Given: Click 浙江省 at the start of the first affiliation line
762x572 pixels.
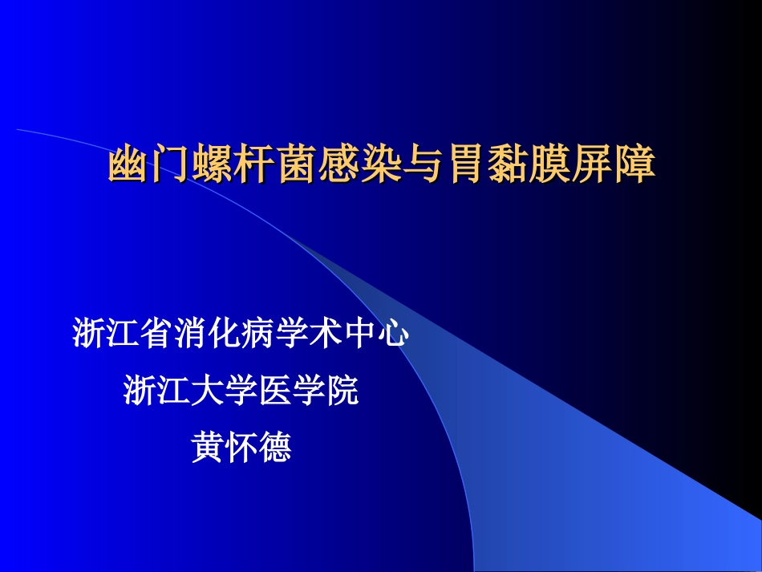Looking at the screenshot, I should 122,335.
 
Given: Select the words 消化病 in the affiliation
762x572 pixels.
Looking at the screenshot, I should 223,335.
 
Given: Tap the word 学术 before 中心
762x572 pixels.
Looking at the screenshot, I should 308,335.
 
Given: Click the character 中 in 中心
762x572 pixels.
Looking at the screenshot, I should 359,335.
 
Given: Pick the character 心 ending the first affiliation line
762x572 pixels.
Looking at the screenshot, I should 393,335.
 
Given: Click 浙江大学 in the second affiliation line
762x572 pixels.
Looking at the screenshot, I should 191,391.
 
